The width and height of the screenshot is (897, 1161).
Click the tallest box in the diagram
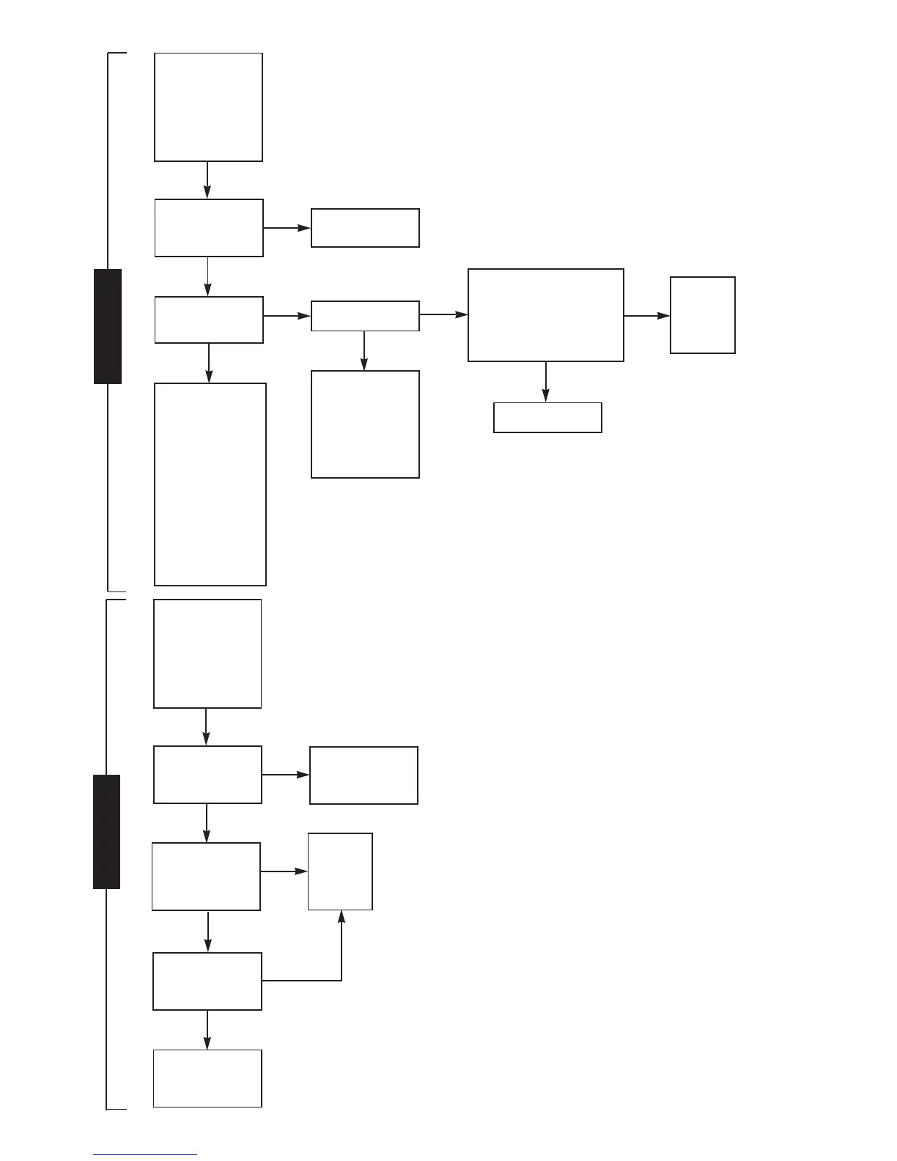(210, 484)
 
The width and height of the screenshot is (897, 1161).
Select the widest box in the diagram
(546, 315)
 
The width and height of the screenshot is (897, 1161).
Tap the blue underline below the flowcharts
(145, 1155)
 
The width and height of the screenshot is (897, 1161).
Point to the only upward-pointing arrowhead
(341, 916)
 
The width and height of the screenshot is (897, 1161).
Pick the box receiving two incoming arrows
(340, 871)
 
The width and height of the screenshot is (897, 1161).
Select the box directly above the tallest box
(209, 320)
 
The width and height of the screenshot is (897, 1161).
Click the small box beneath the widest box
(547, 417)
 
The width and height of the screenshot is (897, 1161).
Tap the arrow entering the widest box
(443, 314)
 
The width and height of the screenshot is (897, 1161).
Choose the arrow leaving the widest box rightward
(646, 316)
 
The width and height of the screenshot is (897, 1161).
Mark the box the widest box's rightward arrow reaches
(702, 315)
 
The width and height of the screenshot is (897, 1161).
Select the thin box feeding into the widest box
(365, 315)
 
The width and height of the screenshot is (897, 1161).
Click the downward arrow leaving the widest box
(545, 381)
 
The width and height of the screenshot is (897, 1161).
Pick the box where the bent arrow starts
(207, 981)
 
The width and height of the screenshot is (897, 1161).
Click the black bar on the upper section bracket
(108, 326)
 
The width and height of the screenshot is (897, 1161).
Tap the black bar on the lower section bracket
(107, 831)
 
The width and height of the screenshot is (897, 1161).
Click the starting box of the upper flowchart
(208, 107)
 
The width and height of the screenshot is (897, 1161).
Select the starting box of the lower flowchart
(207, 654)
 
